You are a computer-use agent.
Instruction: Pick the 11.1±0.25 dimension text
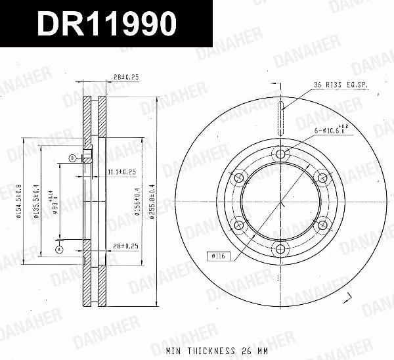pyautogui.click(x=121, y=171)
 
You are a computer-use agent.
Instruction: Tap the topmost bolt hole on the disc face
pyautogui.click(x=281, y=154)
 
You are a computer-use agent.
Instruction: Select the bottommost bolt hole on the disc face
pyautogui.click(x=281, y=249)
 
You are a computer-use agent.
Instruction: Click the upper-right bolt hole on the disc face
pyautogui.click(x=322, y=178)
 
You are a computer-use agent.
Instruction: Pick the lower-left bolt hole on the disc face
pyautogui.click(x=240, y=225)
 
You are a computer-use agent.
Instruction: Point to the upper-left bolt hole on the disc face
pyautogui.click(x=240, y=177)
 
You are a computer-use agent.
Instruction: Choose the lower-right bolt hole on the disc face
pyautogui.click(x=322, y=225)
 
